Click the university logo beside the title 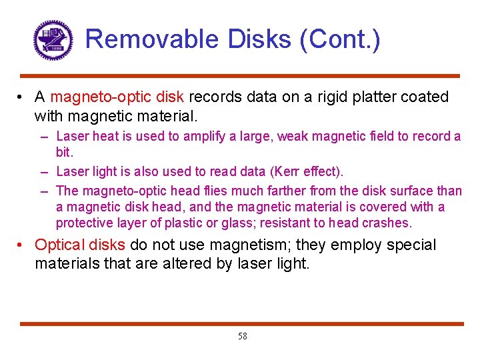pos(53,40)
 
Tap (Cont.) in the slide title pos(341,39)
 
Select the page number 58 pos(242,337)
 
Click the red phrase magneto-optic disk pos(117,97)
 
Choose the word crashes pos(390,223)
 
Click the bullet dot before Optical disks pos(22,245)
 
